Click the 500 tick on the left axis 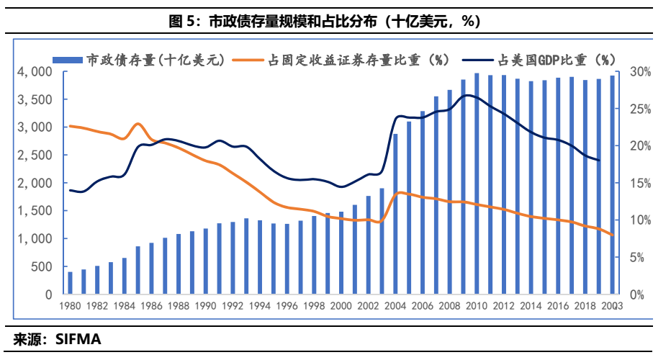[x=40, y=267]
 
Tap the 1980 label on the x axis [x=70, y=305]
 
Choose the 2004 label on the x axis [x=395, y=305]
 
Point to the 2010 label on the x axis [x=476, y=305]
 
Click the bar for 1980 [x=70, y=283]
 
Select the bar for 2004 [x=395, y=214]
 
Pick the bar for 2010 [x=476, y=184]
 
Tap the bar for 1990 [x=205, y=261]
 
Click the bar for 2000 [x=341, y=253]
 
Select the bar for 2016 [x=557, y=186]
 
